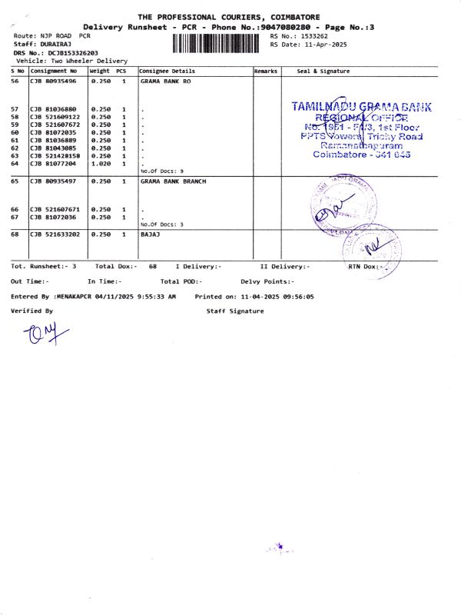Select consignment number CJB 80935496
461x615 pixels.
(x=53, y=81)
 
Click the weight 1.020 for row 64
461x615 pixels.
(x=101, y=164)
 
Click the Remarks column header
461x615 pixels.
(x=266, y=71)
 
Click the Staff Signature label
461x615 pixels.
(x=234, y=311)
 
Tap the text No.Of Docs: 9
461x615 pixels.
(x=162, y=171)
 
